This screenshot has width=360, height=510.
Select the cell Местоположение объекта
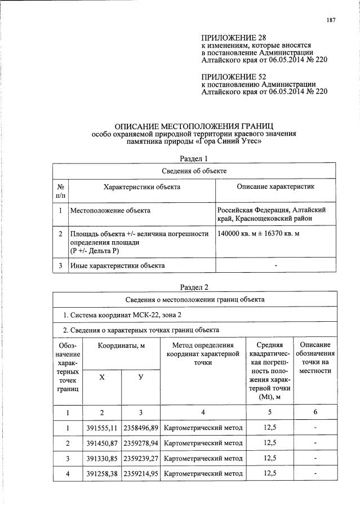click(x=110, y=210)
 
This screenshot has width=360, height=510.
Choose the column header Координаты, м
click(x=122, y=345)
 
